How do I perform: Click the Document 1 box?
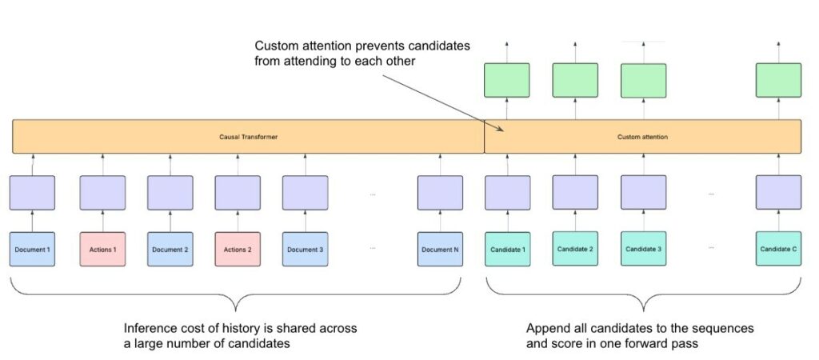[x=32, y=249]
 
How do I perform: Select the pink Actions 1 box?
[x=102, y=249]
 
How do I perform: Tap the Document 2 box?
[x=170, y=249]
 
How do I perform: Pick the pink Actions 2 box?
[x=238, y=249]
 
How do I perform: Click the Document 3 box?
[x=305, y=249]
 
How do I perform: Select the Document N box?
[x=440, y=249]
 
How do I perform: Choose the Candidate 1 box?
[x=507, y=249]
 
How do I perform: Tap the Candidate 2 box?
[x=575, y=249]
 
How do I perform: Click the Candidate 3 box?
[x=644, y=249]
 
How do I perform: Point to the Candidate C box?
[x=778, y=249]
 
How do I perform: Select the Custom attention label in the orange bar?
[x=642, y=137]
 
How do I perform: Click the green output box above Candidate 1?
[x=507, y=80]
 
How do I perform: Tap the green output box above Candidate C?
[x=778, y=80]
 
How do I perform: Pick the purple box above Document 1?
[x=32, y=193]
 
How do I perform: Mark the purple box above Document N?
[x=440, y=193]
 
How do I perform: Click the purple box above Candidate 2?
[x=575, y=193]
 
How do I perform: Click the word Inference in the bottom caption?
[x=148, y=329]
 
